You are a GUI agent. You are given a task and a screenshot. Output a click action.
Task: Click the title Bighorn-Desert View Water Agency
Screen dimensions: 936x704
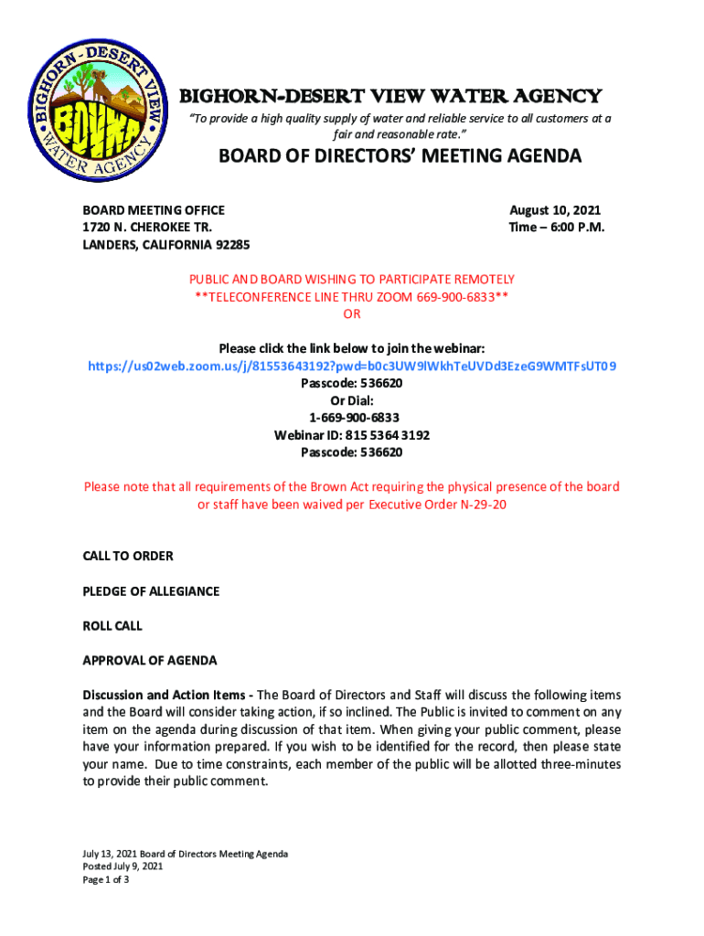click(x=389, y=96)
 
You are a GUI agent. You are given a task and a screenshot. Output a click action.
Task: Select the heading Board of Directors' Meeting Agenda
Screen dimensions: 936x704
click(x=399, y=156)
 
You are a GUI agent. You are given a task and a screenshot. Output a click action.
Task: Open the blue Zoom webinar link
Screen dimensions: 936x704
click(x=352, y=366)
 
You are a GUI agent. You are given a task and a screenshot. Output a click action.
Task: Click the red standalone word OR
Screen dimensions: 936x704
click(x=352, y=314)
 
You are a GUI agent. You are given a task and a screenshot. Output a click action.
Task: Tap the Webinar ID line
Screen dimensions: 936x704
click(x=352, y=435)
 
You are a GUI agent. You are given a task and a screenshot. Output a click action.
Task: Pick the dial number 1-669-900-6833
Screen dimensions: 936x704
click(x=352, y=418)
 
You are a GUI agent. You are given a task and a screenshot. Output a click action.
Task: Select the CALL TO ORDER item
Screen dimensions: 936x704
click(x=128, y=556)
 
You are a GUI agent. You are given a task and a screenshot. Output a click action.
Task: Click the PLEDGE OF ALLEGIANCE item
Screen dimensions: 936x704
click(x=151, y=591)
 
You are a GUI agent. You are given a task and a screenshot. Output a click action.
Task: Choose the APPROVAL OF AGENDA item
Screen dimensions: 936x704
click(x=150, y=661)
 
